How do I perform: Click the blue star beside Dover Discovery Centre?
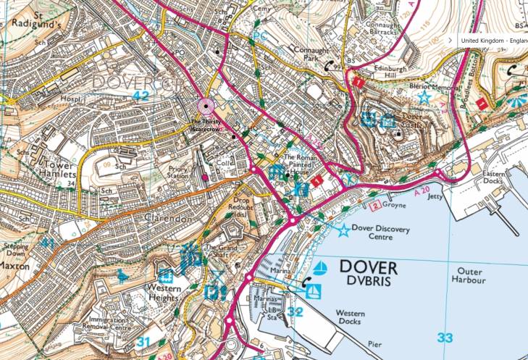[x=343, y=230]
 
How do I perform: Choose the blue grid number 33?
[x=445, y=338]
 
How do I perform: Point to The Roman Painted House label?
[x=301, y=167]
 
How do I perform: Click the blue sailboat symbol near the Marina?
[x=319, y=267]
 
